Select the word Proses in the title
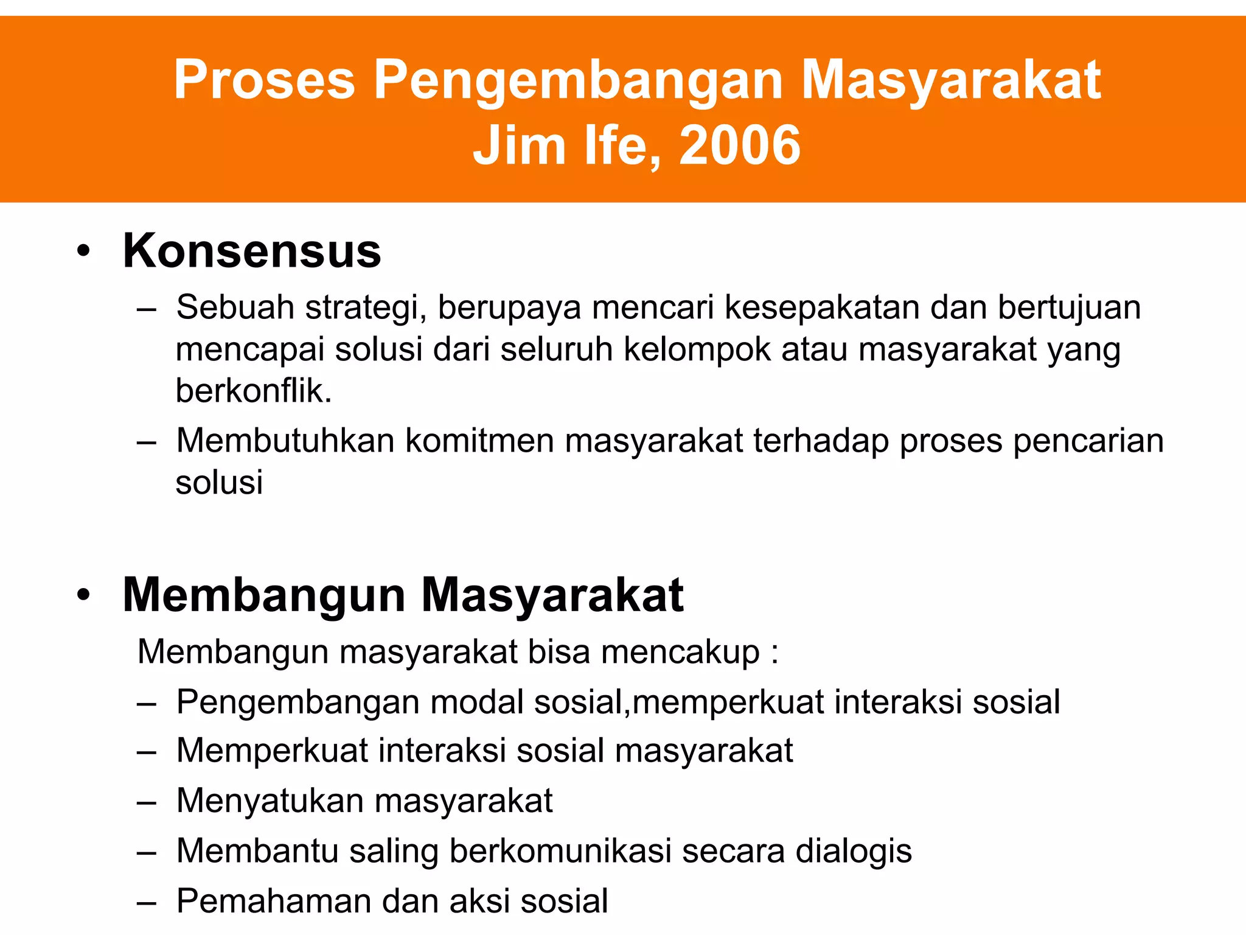264,80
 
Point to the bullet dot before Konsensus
83,251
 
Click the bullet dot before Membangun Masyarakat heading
83,595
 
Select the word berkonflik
254,391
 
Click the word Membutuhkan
285,440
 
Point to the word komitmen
479,440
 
